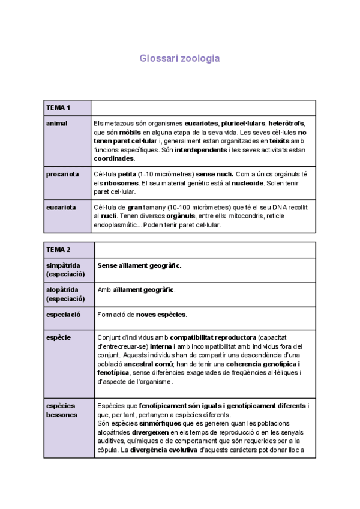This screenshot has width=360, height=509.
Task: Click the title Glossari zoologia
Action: coord(179,59)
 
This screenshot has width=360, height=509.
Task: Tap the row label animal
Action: coord(57,124)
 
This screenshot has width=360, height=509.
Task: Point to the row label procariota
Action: coord(62,175)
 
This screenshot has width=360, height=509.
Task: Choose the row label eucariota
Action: coord(61,207)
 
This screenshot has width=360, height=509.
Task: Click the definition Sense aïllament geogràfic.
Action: coord(139,265)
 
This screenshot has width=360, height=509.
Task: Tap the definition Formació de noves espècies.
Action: coord(142,314)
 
